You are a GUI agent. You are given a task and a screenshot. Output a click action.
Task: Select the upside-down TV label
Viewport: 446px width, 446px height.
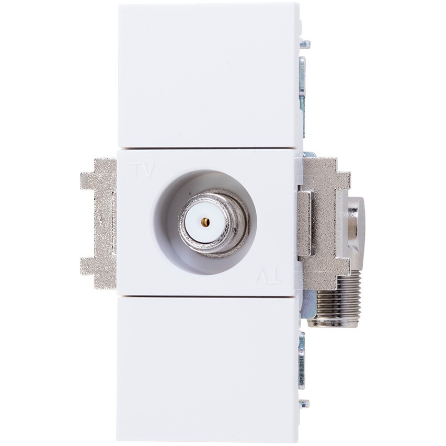tap(268, 276)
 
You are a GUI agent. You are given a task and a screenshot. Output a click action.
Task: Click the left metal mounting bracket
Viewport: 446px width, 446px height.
tap(99, 223)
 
